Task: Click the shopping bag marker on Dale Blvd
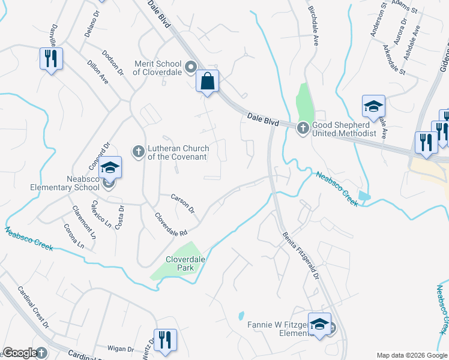click(x=207, y=81)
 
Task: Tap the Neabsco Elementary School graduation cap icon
click(x=110, y=167)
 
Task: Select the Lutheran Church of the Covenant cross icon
click(x=138, y=151)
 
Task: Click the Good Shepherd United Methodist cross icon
click(x=303, y=127)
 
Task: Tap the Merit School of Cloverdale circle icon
click(x=191, y=67)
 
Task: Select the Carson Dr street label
click(x=182, y=203)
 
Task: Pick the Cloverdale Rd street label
click(x=171, y=224)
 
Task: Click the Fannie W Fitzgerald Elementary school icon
click(x=320, y=325)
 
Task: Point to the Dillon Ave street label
click(x=97, y=71)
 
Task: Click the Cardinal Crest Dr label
click(x=33, y=307)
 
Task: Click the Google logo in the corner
click(x=20, y=353)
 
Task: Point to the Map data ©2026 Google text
click(x=411, y=355)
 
